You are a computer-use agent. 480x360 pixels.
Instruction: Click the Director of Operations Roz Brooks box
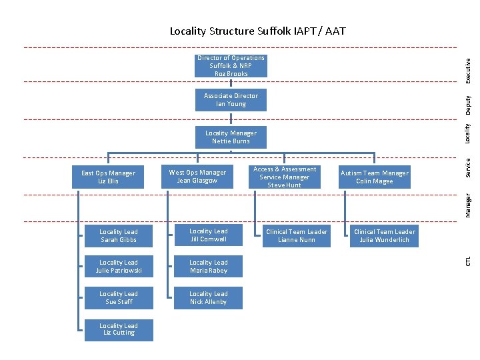click(x=231, y=66)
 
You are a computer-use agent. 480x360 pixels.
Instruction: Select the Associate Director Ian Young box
click(x=231, y=100)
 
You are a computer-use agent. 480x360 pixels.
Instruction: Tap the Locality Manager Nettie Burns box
click(x=231, y=137)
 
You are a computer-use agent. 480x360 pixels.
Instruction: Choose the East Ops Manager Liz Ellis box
click(x=108, y=177)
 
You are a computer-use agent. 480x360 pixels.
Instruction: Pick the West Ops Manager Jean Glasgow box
click(x=197, y=177)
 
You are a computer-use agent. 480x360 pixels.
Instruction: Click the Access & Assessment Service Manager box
click(x=285, y=177)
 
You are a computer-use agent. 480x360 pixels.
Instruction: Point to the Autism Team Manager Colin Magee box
click(x=375, y=177)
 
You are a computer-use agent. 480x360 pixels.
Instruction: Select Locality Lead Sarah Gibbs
click(x=119, y=235)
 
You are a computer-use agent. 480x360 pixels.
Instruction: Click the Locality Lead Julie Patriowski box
click(x=119, y=267)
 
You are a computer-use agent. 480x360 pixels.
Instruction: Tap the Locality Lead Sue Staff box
click(x=119, y=298)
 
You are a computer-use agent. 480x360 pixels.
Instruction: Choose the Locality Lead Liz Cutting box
click(x=119, y=329)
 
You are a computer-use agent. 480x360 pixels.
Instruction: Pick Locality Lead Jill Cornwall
click(x=208, y=235)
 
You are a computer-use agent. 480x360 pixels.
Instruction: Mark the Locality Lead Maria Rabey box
click(x=208, y=267)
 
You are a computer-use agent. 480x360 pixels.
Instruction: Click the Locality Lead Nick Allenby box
click(x=208, y=298)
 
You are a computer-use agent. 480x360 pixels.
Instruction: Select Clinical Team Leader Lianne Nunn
click(x=297, y=236)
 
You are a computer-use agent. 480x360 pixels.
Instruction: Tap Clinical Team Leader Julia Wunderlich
click(x=385, y=236)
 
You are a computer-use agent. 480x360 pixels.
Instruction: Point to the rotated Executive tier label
click(x=469, y=71)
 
